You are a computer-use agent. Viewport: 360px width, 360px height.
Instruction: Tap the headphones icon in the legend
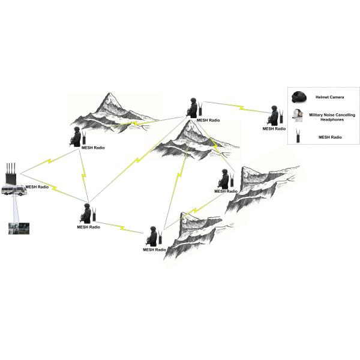tap(296, 116)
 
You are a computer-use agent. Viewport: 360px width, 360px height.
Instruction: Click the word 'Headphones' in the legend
tap(329, 119)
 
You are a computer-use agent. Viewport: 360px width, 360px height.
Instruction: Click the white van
tap(13, 191)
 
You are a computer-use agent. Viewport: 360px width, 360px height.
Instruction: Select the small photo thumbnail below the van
tap(16, 228)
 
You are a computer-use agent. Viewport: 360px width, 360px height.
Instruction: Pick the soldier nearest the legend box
tap(274, 116)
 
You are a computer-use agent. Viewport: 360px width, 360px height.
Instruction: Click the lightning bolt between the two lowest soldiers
tap(121, 227)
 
